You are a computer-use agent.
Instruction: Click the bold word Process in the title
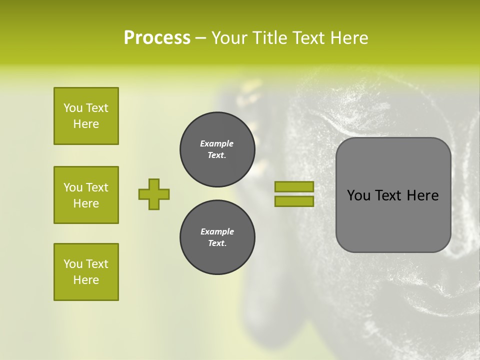tap(157, 38)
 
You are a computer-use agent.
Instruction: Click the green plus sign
tap(154, 194)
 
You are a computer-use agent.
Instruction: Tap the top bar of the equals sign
tap(294, 187)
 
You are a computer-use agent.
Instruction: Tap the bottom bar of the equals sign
tap(294, 201)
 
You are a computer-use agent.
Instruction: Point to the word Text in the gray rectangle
tap(388, 195)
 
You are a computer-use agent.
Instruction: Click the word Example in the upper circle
tap(217, 143)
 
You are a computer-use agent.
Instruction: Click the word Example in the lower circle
tap(217, 231)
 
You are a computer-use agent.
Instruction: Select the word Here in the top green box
tap(86, 124)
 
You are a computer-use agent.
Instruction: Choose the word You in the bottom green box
tap(73, 264)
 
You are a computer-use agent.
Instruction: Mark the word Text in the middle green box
tap(97, 187)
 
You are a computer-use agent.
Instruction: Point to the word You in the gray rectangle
tap(358, 195)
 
